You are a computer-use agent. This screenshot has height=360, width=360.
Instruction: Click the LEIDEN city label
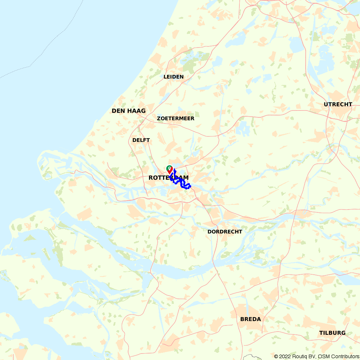coord(174,77)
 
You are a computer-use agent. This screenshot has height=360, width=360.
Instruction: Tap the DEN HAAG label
coord(129,111)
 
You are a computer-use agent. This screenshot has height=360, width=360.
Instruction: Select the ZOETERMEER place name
coord(176,118)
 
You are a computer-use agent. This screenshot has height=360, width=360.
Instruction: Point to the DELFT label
coord(141,140)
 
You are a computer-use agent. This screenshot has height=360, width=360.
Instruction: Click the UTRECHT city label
coord(338,104)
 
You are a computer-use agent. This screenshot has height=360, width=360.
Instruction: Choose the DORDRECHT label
coord(225,231)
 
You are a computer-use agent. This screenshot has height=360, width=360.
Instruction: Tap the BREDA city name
coord(251,319)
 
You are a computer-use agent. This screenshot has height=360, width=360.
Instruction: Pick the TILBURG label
coord(332,333)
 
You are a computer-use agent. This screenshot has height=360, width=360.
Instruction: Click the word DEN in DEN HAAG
coord(118,111)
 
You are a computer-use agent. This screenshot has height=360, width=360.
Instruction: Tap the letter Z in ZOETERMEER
coord(159,118)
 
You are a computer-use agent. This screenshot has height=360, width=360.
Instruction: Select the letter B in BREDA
coord(242,319)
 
